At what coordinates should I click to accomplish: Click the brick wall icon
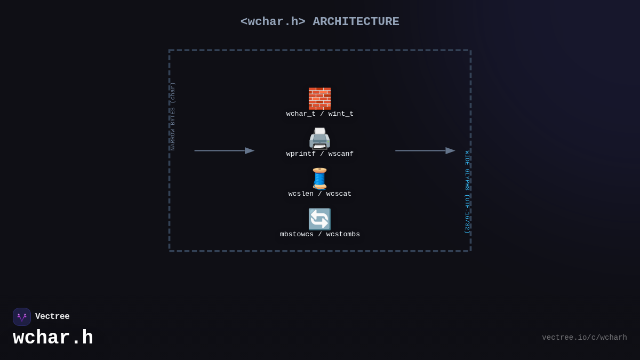tap(319, 99)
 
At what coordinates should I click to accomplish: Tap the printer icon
tap(319, 139)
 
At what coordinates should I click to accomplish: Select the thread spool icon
tap(319, 179)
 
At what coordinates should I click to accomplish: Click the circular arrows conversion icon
tap(319, 219)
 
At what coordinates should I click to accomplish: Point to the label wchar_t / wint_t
tap(319, 114)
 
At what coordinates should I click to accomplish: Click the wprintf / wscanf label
tap(319, 154)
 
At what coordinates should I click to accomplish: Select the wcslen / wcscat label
tap(319, 194)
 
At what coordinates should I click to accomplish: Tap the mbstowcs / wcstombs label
tap(319, 235)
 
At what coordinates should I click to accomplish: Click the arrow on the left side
tap(224, 151)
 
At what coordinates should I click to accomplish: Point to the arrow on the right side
tap(425, 151)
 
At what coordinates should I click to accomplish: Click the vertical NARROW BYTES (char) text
tap(173, 116)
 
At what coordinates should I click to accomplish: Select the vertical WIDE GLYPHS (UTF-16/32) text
tap(467, 192)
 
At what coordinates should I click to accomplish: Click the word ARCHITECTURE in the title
tap(356, 22)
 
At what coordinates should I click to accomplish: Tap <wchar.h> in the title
tap(273, 22)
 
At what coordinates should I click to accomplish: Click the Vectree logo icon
tap(22, 317)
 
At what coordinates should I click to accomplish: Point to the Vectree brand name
tap(52, 317)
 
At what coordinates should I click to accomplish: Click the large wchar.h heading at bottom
tap(53, 338)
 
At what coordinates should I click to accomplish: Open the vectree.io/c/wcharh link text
tap(584, 338)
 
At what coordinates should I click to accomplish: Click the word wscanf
tap(341, 154)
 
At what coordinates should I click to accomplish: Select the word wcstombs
tap(343, 235)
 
